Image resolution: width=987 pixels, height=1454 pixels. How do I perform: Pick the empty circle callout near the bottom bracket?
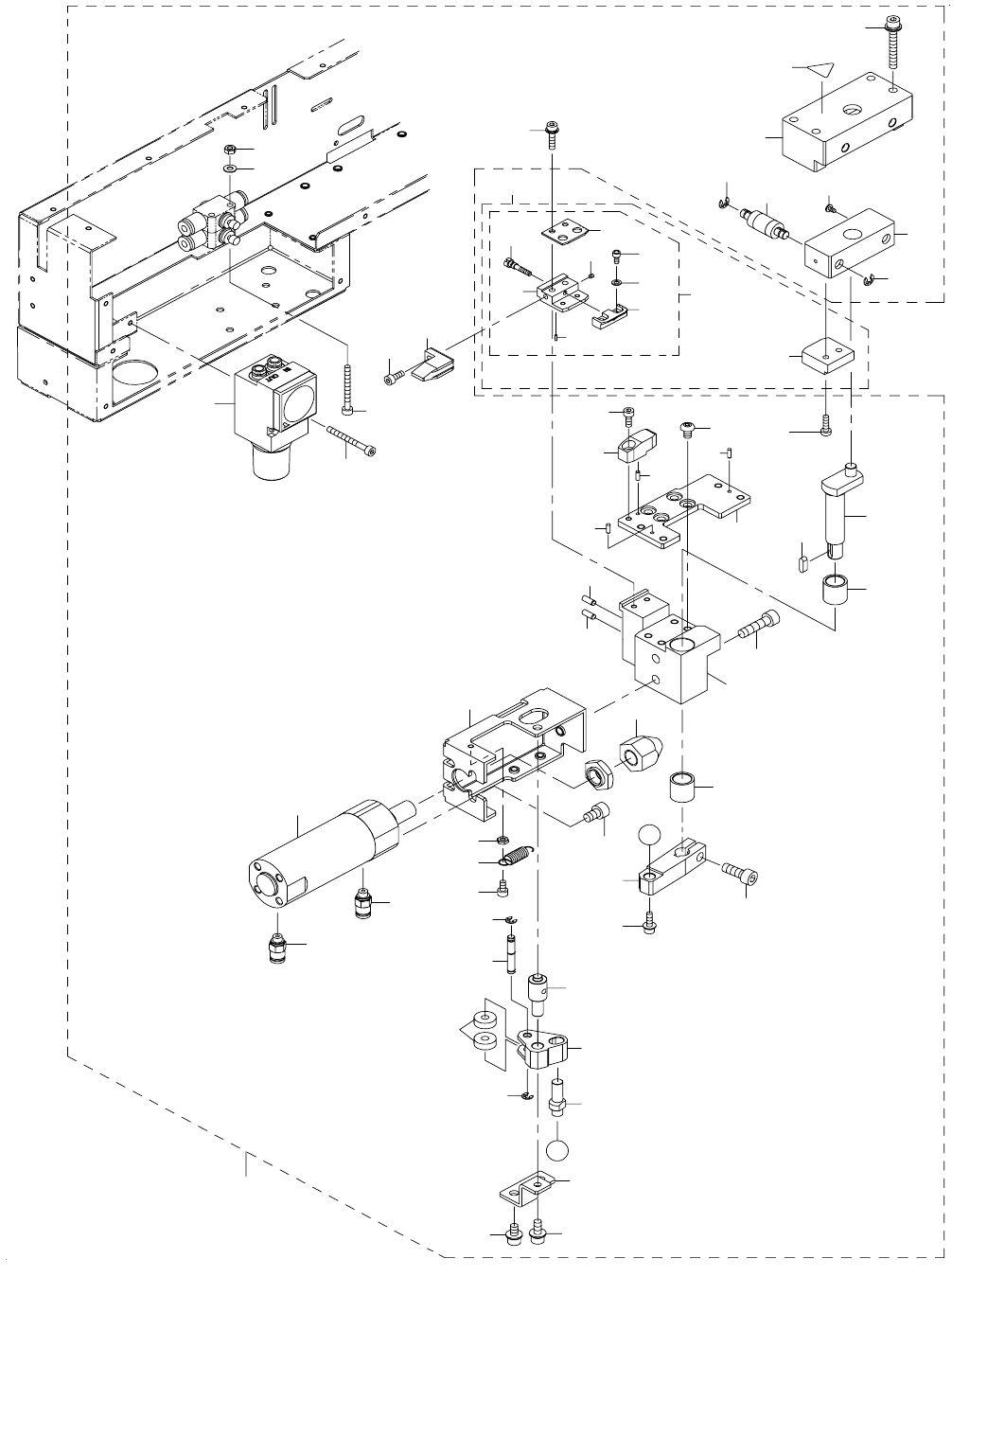[558, 1151]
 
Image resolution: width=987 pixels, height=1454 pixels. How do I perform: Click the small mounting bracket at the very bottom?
[526, 1190]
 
